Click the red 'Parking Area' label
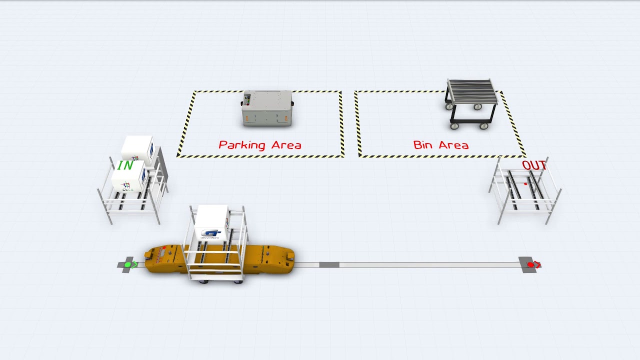pos(260,145)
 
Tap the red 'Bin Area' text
pos(440,145)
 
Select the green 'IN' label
pos(125,165)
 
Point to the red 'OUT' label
pos(534,165)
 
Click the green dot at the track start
pos(127,264)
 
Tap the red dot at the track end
pos(530,264)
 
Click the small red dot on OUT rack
pos(525,184)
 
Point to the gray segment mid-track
pos(329,264)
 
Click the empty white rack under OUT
pos(525,192)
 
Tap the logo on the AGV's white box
pos(210,233)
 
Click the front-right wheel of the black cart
pos(484,126)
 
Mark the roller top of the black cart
pos(472,90)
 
